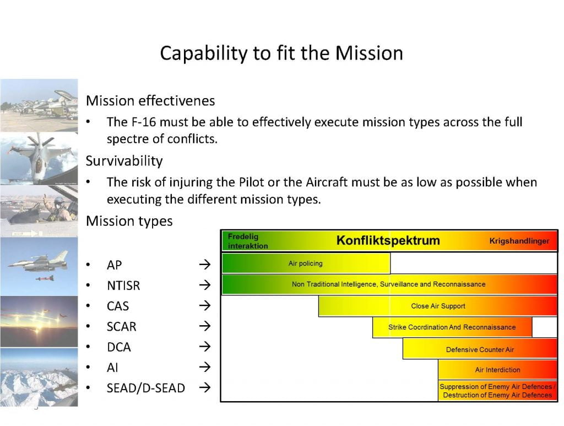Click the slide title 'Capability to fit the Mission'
point(281,53)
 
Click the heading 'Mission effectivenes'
point(150,101)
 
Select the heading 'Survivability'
point(124,161)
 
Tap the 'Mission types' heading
point(129,221)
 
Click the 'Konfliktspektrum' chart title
point(388,241)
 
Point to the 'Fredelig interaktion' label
point(248,241)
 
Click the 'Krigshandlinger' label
point(519,241)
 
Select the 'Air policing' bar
point(306,263)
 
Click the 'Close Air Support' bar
point(438,306)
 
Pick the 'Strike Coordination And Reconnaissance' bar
point(452,327)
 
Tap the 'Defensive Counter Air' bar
point(480,349)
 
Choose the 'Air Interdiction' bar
point(497,370)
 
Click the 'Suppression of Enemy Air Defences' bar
point(497,391)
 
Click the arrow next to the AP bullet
point(204,265)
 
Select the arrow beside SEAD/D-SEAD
point(204,388)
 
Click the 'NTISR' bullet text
point(123,285)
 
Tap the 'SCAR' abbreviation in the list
point(121,327)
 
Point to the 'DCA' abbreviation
point(119,347)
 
